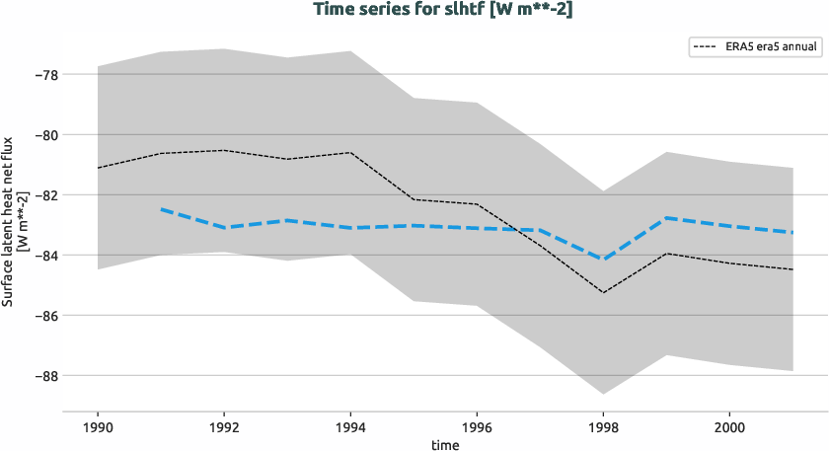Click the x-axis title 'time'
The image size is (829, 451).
[x=444, y=444]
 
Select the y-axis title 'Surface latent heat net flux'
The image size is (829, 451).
[x=10, y=223]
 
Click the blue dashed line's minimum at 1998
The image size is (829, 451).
[x=603, y=260]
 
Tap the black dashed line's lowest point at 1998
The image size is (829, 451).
[x=603, y=292]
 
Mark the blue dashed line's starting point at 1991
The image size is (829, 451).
[x=161, y=209]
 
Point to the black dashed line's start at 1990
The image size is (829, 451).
[x=98, y=168]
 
